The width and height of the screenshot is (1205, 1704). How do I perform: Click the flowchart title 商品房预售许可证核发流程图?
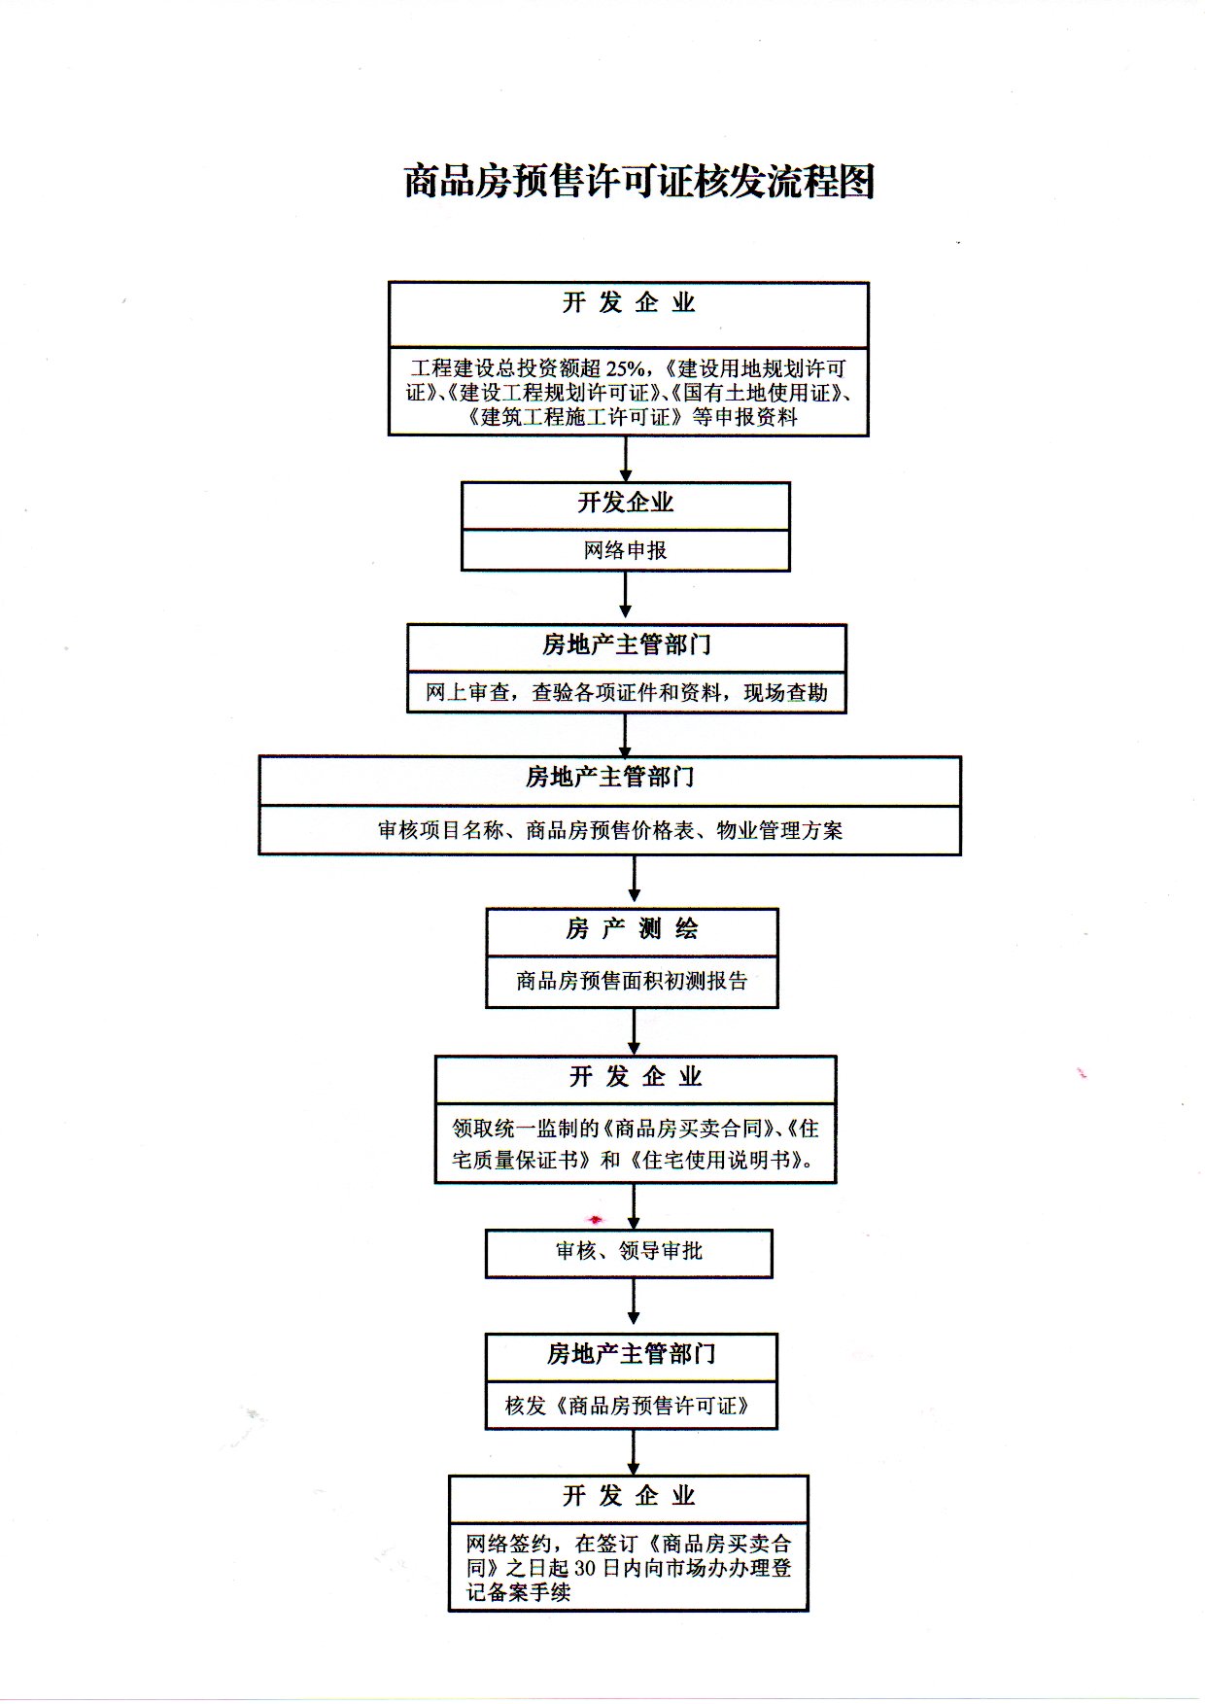(639, 182)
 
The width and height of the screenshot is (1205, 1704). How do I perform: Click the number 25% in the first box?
(625, 368)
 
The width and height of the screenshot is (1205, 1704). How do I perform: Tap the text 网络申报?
(626, 550)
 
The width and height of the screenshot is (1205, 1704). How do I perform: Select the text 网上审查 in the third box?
(467, 692)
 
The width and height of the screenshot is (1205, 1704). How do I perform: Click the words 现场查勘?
(786, 692)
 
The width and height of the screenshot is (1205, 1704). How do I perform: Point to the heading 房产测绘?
(632, 929)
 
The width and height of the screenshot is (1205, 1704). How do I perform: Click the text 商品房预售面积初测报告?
(632, 981)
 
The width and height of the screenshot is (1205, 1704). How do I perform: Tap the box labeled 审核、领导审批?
(629, 1253)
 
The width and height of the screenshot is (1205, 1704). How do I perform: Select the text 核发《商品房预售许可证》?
(629, 1406)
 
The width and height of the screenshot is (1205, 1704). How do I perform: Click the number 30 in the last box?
(584, 1568)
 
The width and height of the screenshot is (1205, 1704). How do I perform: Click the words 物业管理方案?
(779, 830)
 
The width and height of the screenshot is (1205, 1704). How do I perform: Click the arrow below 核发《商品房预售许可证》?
(634, 1452)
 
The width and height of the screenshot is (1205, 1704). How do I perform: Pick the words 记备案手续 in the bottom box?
(518, 1592)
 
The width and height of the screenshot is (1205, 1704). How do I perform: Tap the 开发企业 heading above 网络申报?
(626, 503)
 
